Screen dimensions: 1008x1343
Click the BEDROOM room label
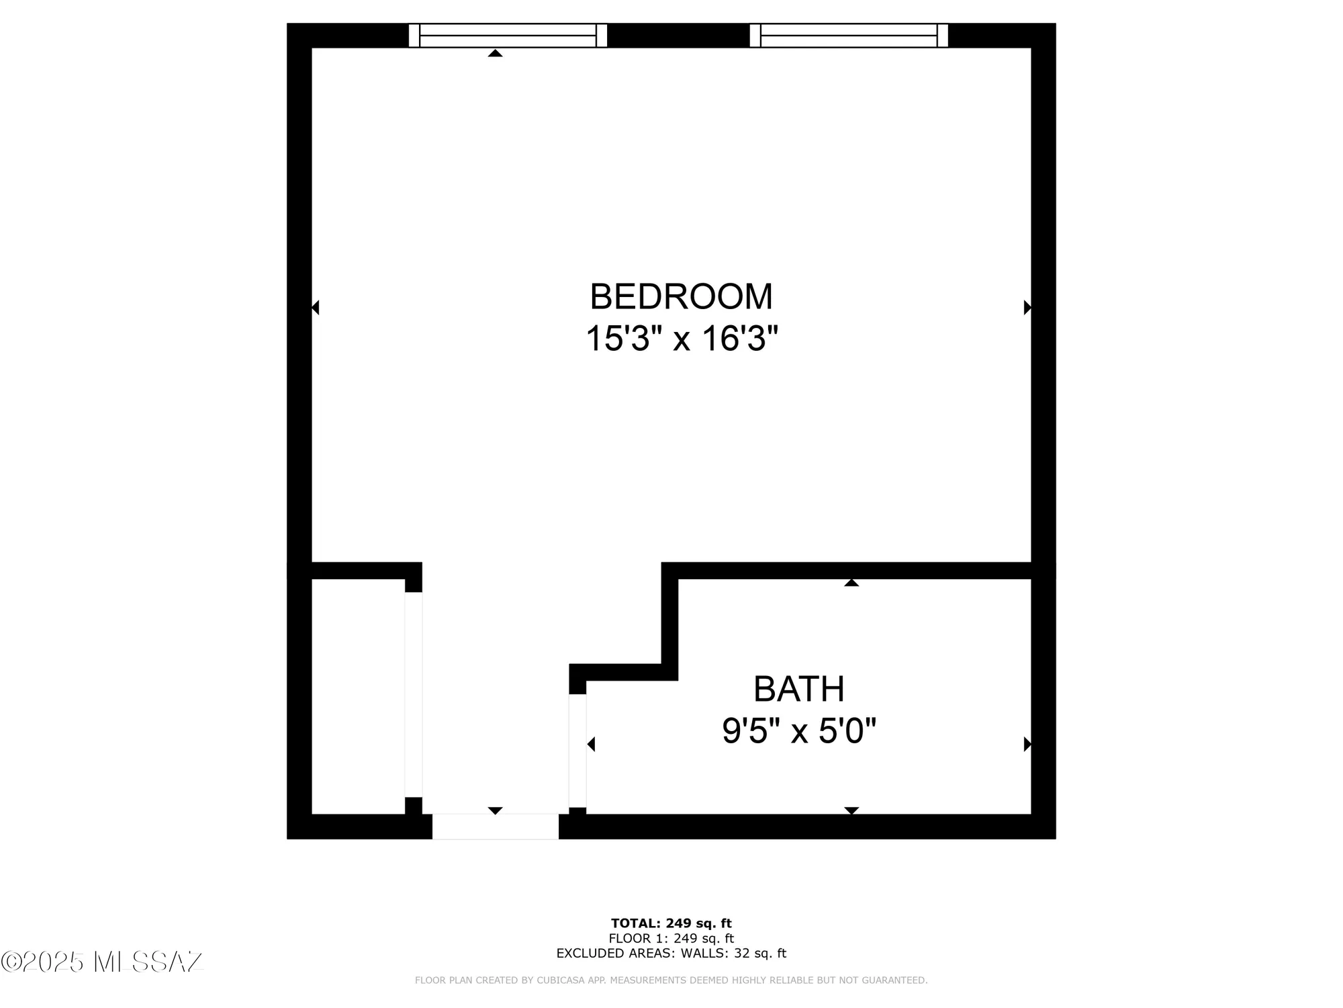681,297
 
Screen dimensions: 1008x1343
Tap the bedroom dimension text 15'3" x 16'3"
681,339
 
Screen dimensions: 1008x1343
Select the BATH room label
798,689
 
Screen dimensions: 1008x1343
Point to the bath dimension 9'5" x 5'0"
798,731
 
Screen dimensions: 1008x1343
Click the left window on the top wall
508,36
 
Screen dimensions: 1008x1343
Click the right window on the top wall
849,36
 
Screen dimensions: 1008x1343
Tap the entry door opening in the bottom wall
495,827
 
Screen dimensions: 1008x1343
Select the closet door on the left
413,694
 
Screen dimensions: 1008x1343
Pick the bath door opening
577,750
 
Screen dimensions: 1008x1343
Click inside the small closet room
358,696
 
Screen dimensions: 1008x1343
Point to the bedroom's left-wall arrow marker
316,308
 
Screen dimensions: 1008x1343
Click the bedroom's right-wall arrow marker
1027,308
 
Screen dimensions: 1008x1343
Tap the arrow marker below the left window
495,53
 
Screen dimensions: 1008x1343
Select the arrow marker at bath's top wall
851,583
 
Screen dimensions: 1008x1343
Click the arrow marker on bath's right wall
1027,744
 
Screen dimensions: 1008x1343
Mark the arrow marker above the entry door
495,810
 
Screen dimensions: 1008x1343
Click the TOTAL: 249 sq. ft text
671,923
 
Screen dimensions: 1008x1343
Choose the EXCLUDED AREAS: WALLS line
671,953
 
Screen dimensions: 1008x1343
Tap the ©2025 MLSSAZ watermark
101,962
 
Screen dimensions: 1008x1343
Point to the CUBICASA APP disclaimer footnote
671,980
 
